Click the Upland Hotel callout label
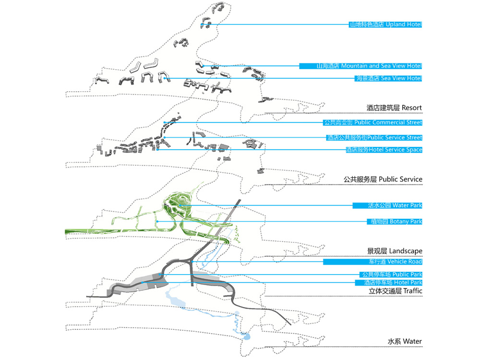385,24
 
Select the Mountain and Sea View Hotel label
360,66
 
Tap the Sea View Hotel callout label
388,78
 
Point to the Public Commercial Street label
372,122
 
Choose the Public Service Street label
374,137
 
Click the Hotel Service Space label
384,150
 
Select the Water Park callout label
387,205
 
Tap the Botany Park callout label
394,221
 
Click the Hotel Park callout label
389,282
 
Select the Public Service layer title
383,179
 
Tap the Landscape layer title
395,251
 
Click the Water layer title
405,341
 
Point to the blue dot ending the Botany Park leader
157,221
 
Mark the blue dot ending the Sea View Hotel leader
164,78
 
